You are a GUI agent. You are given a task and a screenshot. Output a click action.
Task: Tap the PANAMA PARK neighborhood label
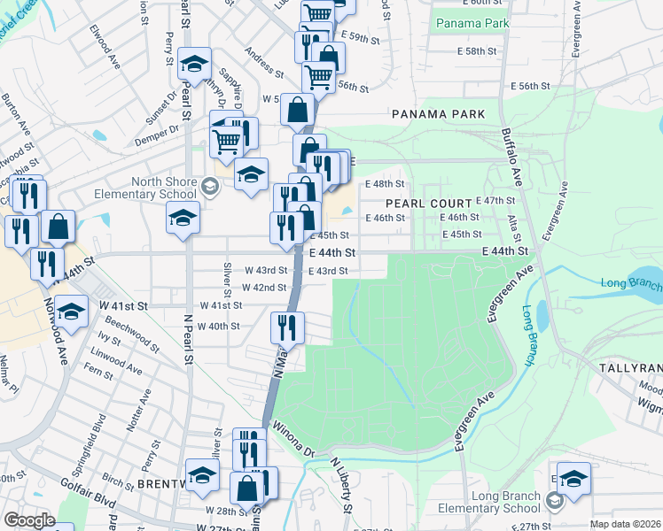click(440, 114)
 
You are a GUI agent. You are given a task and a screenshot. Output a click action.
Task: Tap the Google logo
click(29, 520)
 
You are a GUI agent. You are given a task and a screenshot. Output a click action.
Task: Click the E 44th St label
click(332, 252)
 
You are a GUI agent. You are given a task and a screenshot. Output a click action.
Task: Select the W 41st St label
click(126, 305)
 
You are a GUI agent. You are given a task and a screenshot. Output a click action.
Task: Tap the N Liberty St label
click(341, 486)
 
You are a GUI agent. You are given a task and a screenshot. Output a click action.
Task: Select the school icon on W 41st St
click(71, 311)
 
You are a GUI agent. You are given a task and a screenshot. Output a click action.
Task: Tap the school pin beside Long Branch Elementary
click(573, 477)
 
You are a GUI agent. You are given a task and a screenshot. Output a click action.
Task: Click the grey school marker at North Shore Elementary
click(209, 187)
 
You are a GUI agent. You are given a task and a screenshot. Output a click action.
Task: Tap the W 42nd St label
click(264, 288)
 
